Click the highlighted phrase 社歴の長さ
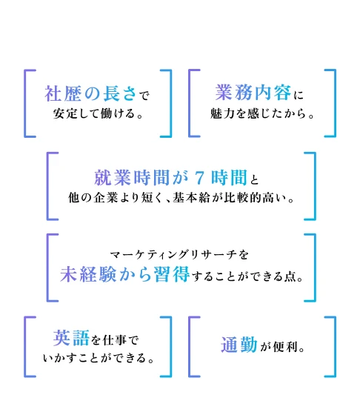[x=90, y=93]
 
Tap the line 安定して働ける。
[x=99, y=114]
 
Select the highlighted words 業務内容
[x=253, y=93]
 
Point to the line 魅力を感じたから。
[x=262, y=114]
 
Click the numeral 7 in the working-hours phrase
[x=199, y=178]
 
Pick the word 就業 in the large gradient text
[x=113, y=178]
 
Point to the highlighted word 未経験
[x=88, y=274]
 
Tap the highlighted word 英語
[x=71, y=338]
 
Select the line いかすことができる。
[x=99, y=358]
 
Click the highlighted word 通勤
[x=239, y=345]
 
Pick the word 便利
[x=285, y=347]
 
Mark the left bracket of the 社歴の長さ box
[x=25, y=104]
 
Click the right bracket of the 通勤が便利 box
[x=335, y=347]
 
